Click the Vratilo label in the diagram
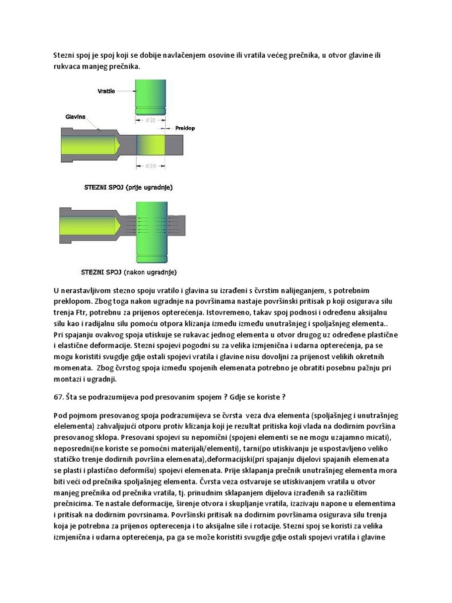point(108,91)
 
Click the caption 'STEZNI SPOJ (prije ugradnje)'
point(129,187)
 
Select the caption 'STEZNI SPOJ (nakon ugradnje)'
point(128,272)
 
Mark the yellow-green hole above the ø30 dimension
point(151,144)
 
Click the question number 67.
point(58,396)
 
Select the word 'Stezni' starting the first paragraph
point(64,55)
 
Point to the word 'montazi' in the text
point(67,379)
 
